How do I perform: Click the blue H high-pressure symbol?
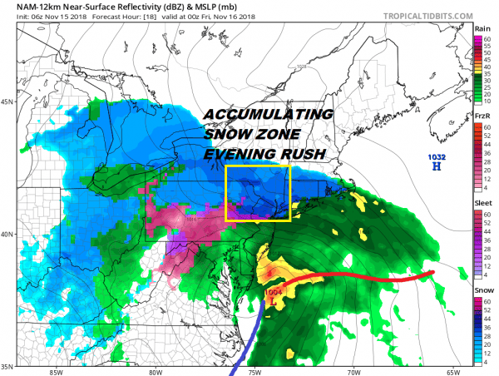point(436,166)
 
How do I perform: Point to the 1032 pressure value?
point(436,156)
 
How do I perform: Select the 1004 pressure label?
point(274,292)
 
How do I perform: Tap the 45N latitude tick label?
point(8,102)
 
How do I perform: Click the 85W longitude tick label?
point(56,372)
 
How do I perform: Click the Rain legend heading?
point(482,28)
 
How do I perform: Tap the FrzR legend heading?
point(482,116)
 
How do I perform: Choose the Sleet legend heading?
point(482,202)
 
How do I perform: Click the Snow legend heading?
point(482,289)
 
